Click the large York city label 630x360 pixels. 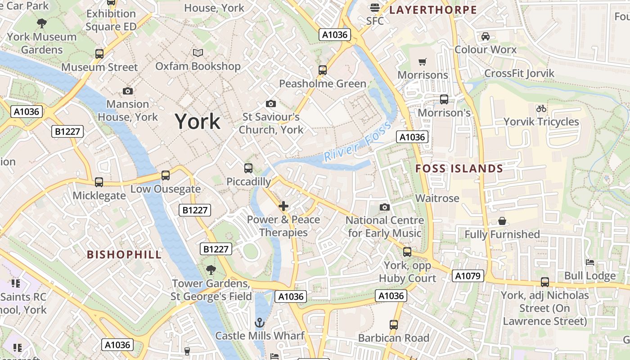(198, 121)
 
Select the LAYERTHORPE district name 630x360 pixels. (433, 10)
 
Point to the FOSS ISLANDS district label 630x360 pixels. (459, 169)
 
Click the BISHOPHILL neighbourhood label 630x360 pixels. (124, 255)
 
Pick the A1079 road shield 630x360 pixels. (468, 276)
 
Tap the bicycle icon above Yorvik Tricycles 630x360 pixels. (541, 108)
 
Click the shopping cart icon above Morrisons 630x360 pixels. (422, 62)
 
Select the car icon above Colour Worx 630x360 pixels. (486, 36)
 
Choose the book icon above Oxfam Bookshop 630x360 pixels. (198, 53)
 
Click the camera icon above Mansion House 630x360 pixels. (128, 91)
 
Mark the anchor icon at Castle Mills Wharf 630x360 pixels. (259, 323)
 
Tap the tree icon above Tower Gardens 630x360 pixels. (211, 270)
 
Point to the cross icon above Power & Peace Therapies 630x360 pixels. (283, 207)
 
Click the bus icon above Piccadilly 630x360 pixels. (248, 168)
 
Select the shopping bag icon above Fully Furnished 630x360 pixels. (502, 221)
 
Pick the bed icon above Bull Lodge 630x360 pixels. (590, 262)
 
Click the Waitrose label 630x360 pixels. (437, 198)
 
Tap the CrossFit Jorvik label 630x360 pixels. (519, 73)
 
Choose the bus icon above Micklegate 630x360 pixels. (99, 182)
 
